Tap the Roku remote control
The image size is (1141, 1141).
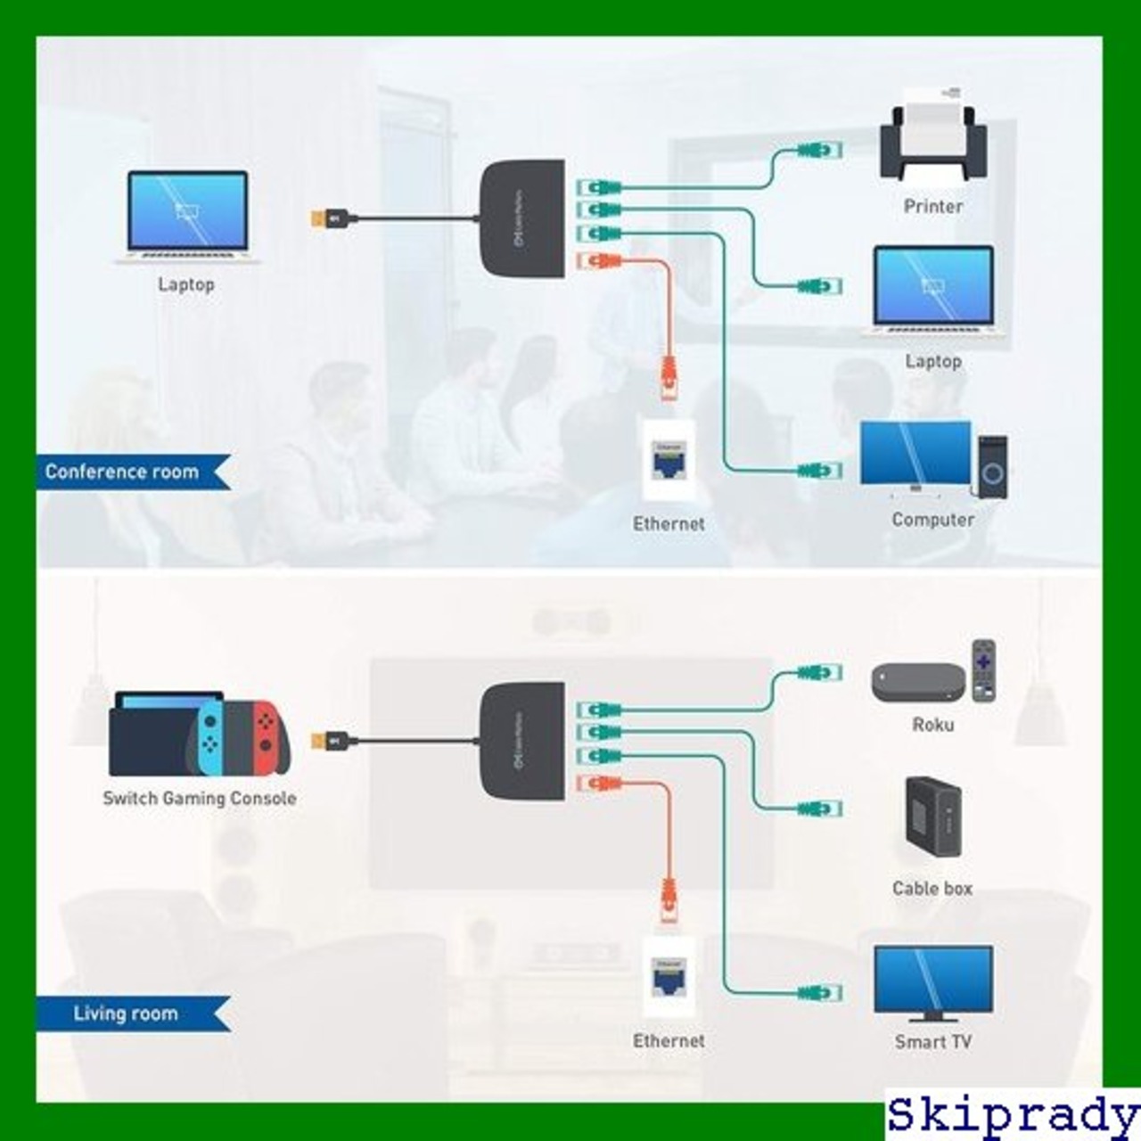[x=983, y=669]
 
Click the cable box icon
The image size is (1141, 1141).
[x=932, y=817]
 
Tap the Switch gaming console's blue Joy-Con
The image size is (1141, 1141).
[x=209, y=736]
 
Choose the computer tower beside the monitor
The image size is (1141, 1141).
[x=992, y=465]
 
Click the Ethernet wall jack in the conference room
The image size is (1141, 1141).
[x=669, y=460]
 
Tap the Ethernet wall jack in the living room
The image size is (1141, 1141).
[x=668, y=977]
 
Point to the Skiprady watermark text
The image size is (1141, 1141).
[x=1013, y=1115]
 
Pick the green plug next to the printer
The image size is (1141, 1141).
[x=819, y=150]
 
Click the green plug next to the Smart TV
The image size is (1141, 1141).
[x=819, y=992]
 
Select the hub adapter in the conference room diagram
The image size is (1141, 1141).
[x=523, y=218]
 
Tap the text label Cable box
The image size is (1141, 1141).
[x=932, y=888]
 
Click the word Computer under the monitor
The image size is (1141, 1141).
[x=932, y=519]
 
